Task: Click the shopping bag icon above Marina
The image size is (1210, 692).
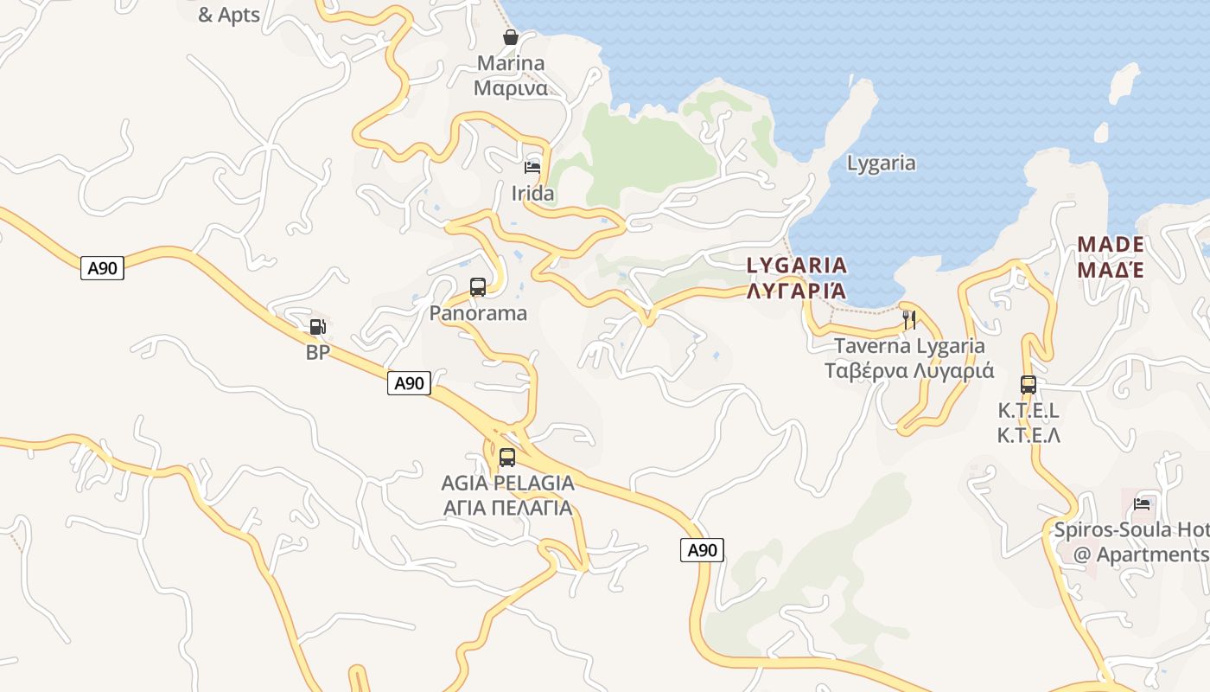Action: pyautogui.click(x=511, y=37)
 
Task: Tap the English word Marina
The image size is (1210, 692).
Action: pyautogui.click(x=511, y=63)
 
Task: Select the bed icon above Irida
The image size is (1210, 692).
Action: pyautogui.click(x=532, y=167)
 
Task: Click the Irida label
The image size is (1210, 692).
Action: pyautogui.click(x=532, y=194)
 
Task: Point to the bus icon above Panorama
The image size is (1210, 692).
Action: pyautogui.click(x=477, y=287)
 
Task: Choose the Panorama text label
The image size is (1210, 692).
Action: pyautogui.click(x=478, y=313)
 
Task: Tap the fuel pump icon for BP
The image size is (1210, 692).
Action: pyautogui.click(x=318, y=327)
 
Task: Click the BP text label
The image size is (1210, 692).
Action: pyautogui.click(x=318, y=353)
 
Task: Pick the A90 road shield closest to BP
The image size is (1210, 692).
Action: pyautogui.click(x=409, y=383)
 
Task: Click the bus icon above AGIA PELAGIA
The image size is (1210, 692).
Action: pyautogui.click(x=507, y=457)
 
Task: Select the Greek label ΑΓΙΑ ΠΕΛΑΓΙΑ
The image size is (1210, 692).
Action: pyautogui.click(x=507, y=508)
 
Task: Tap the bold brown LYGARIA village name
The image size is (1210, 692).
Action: pyautogui.click(x=797, y=265)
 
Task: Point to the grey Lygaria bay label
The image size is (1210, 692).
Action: pyautogui.click(x=881, y=163)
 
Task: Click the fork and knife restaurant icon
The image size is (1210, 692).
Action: pyautogui.click(x=908, y=319)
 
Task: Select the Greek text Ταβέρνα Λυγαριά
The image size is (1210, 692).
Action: pyautogui.click(x=909, y=371)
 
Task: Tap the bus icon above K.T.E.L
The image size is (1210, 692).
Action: pyautogui.click(x=1028, y=385)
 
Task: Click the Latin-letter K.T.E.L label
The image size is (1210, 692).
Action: pyautogui.click(x=1028, y=411)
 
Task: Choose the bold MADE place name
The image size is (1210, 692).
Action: pyautogui.click(x=1111, y=244)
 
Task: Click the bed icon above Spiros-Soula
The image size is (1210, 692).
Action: pyautogui.click(x=1142, y=503)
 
